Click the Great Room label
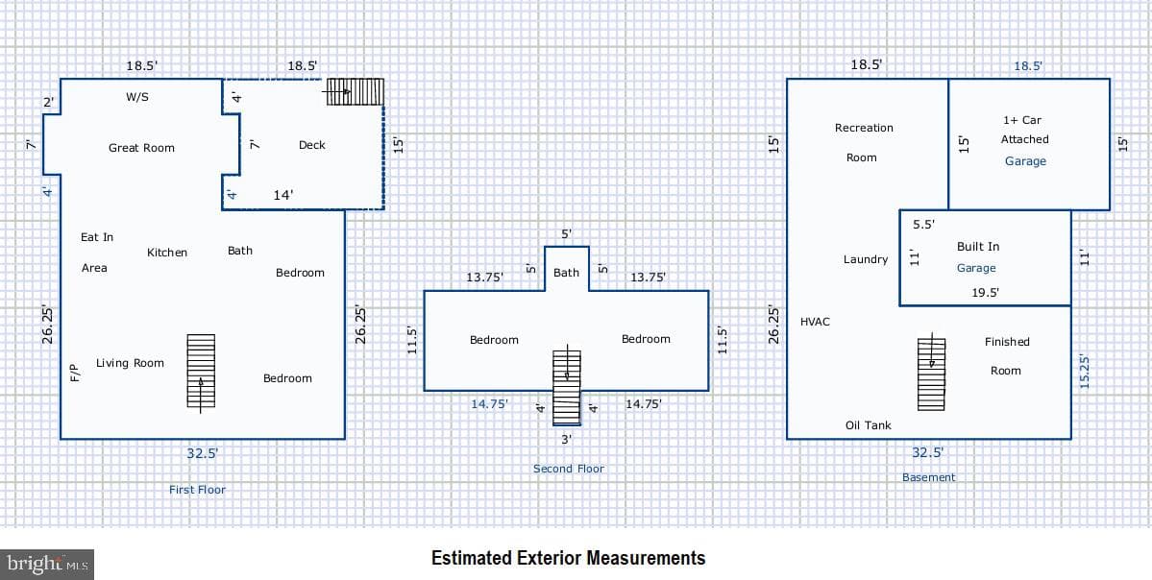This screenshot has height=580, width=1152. pos(142,148)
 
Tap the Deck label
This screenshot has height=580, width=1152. pos(311,145)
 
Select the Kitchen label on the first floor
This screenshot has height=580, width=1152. pos(167,252)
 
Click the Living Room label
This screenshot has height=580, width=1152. pos(130,363)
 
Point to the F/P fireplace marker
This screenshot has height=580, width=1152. pos(73,373)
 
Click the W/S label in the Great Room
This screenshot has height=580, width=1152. pos(137,96)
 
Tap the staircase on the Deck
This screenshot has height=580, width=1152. pos(355,92)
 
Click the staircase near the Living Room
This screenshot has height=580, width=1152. pos(201,371)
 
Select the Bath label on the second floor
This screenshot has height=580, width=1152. pos(566,273)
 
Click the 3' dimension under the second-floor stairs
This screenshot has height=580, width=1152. pos(567,439)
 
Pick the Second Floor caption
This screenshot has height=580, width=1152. pos(569,469)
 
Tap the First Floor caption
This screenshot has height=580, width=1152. pos(197,490)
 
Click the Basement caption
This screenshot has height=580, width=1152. pos(929,477)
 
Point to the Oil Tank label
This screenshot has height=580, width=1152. pos(869,425)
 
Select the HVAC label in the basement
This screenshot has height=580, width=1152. pos(815,322)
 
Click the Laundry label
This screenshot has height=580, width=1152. pos(866,259)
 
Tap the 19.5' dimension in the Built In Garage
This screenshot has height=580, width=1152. pos(984,292)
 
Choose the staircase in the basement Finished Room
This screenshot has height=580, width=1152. pos(931,373)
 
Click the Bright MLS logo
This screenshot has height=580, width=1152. pos(47,564)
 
